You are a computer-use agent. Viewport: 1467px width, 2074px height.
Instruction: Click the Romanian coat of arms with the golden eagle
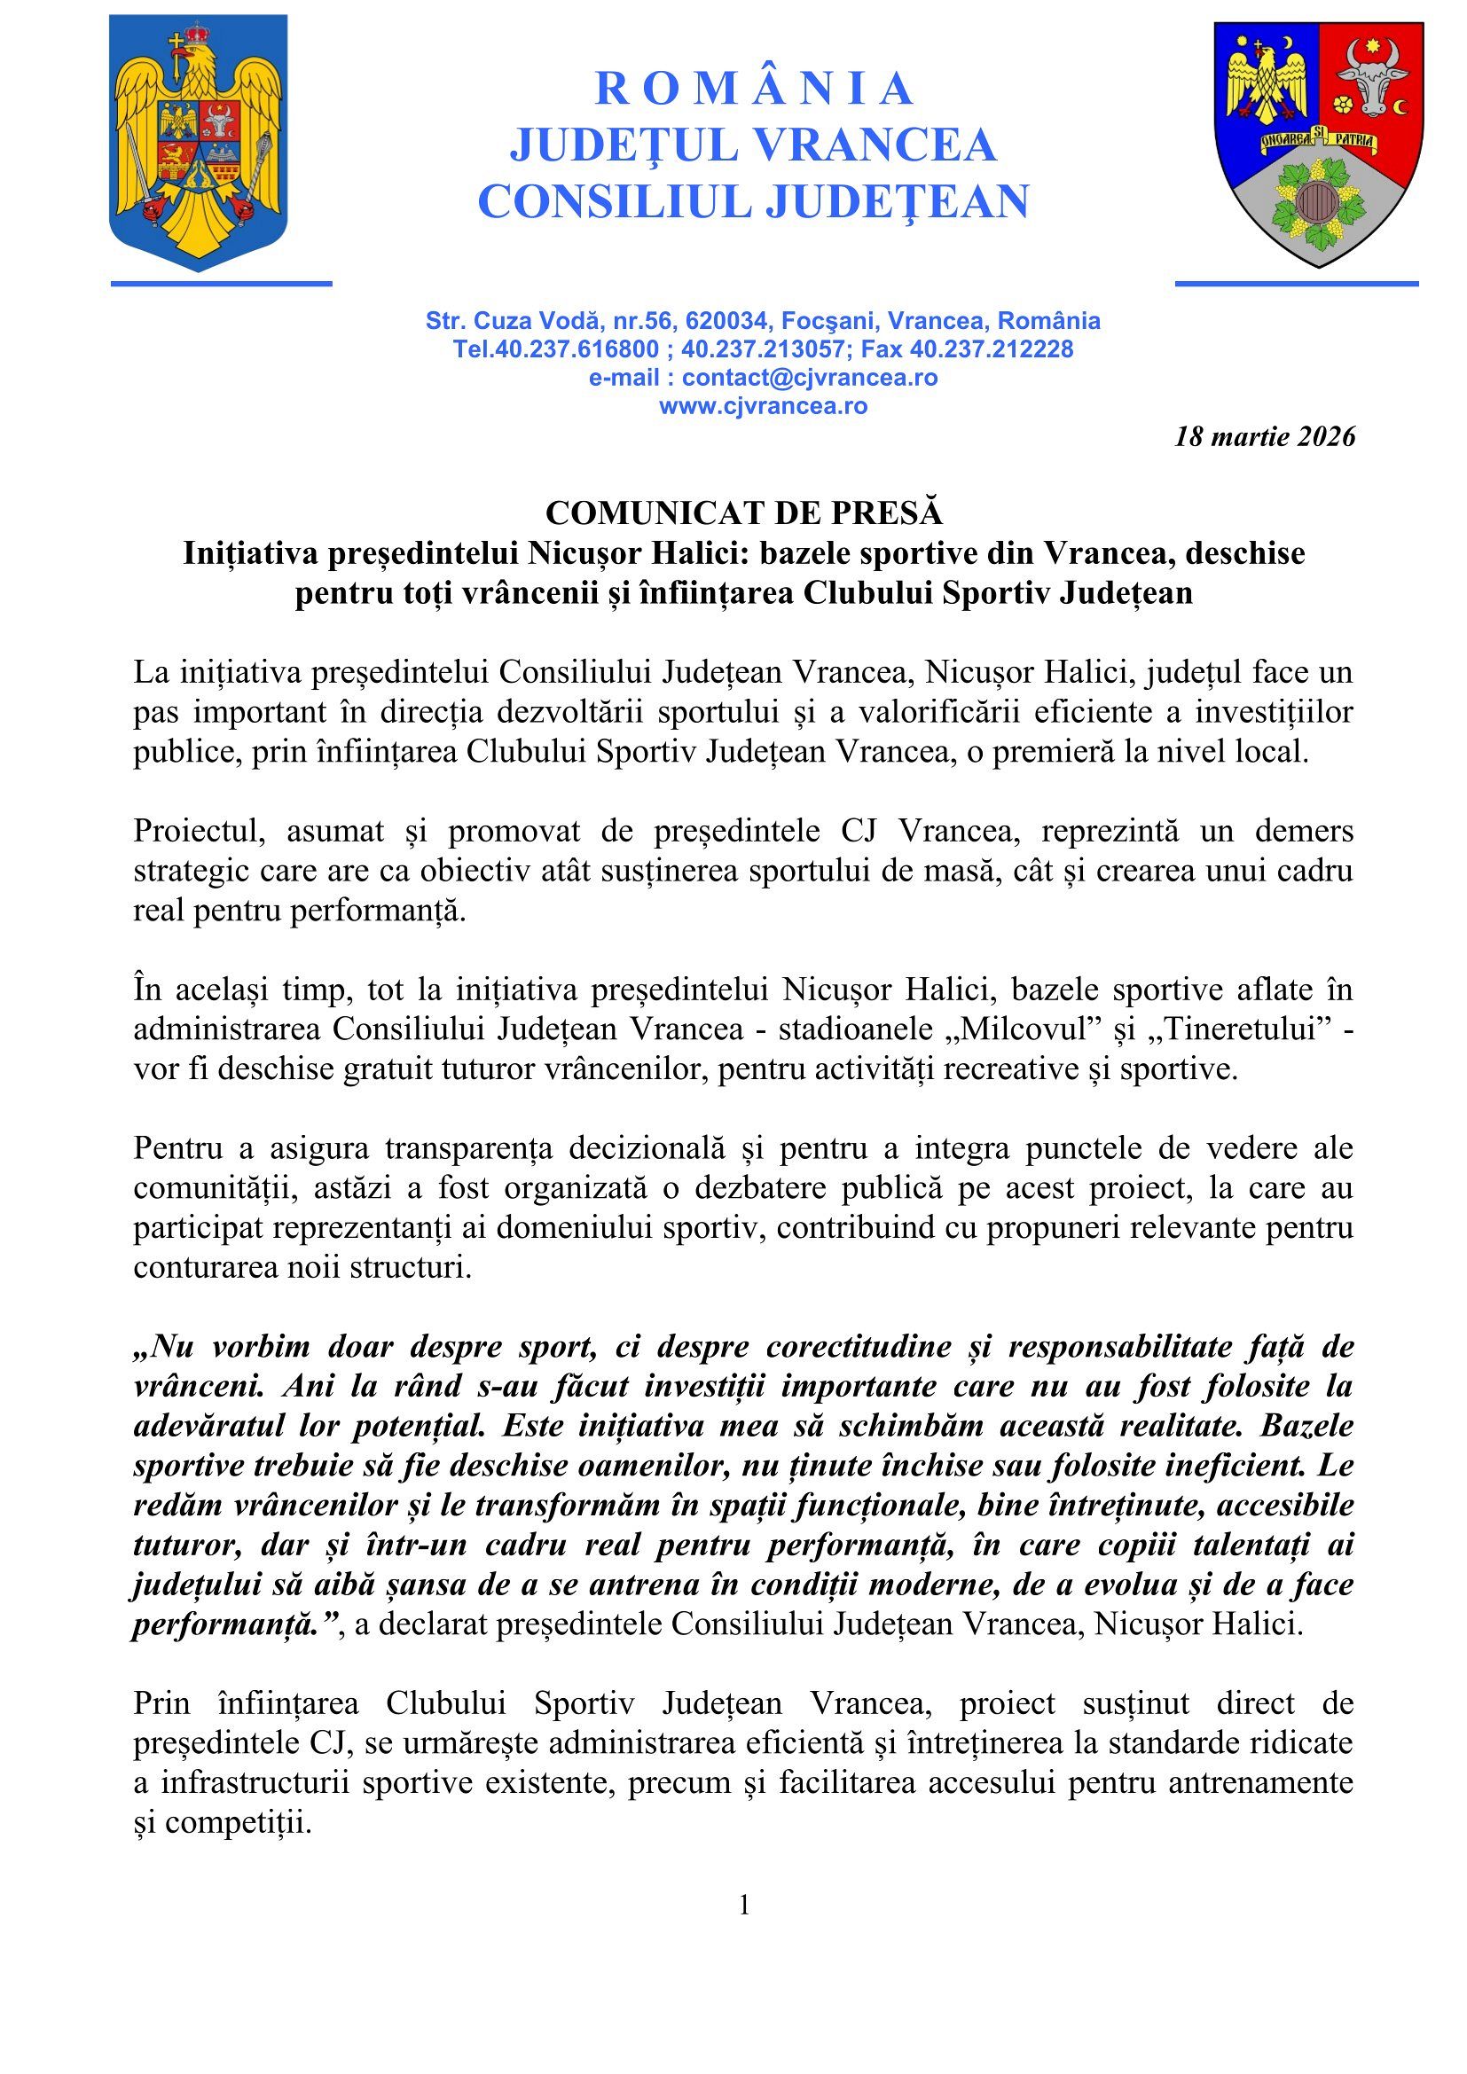(199, 143)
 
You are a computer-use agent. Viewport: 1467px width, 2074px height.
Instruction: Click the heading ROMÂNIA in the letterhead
(754, 89)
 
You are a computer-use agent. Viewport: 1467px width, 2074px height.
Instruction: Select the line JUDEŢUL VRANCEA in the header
(753, 145)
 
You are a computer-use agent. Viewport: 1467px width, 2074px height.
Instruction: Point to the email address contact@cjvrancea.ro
(810, 378)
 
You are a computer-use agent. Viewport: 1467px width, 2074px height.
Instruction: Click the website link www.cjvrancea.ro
(764, 405)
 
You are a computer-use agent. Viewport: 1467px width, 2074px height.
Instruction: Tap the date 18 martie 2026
(1265, 437)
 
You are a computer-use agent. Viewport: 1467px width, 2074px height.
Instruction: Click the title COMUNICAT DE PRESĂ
(743, 513)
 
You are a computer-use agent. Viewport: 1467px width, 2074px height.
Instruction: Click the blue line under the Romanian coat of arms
(222, 284)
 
